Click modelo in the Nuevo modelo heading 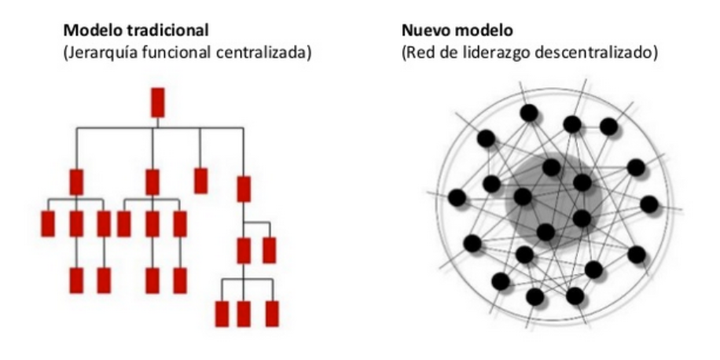point(479,32)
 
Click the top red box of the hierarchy point(157,102)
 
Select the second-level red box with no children point(200,180)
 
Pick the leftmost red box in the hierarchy point(47,224)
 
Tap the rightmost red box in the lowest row point(272,313)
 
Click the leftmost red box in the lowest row point(222,313)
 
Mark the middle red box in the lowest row point(244,313)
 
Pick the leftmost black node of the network point(457,198)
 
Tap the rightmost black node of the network point(649,204)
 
